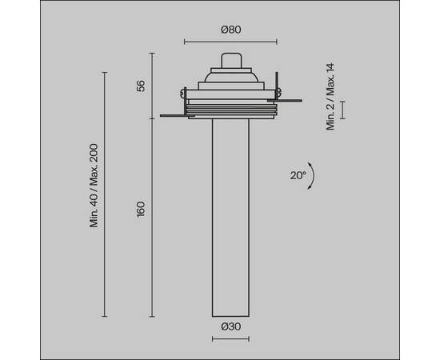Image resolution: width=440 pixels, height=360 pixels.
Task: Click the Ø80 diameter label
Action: tap(230, 30)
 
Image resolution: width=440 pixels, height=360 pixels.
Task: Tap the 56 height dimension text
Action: tap(141, 86)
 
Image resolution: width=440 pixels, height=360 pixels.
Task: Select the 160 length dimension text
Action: tap(141, 210)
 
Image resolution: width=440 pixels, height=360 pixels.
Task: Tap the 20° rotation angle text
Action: tap(298, 175)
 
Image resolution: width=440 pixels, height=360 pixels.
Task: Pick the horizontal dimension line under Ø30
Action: tap(230, 338)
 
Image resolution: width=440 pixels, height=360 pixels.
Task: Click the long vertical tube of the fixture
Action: tap(230, 216)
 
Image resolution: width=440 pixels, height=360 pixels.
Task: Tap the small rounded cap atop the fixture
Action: tap(230, 62)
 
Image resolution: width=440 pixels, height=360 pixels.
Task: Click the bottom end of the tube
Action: tap(230, 314)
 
